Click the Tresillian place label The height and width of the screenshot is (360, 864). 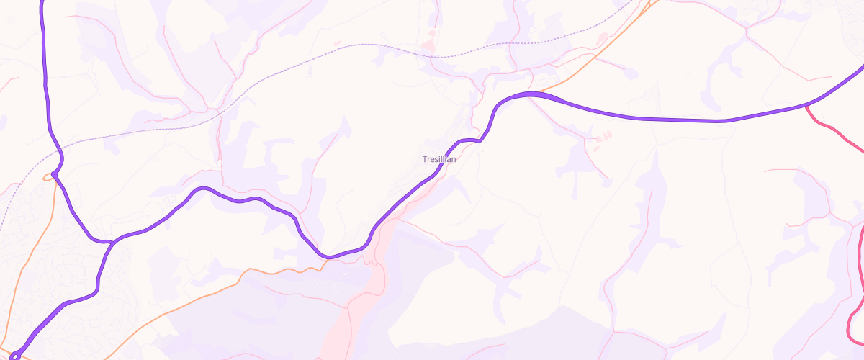[x=438, y=159]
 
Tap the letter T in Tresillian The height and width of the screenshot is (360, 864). [x=425, y=159]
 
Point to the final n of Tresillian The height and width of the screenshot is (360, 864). [x=453, y=159]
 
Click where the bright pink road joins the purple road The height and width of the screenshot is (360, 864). [x=806, y=106]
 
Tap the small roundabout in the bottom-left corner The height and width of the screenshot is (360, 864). [x=14, y=356]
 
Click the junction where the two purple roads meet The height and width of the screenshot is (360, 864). [x=109, y=242]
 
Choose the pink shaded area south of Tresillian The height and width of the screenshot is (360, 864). [x=360, y=302]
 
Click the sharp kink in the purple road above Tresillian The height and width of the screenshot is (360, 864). [x=479, y=140]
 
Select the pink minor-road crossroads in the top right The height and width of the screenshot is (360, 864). [x=746, y=30]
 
